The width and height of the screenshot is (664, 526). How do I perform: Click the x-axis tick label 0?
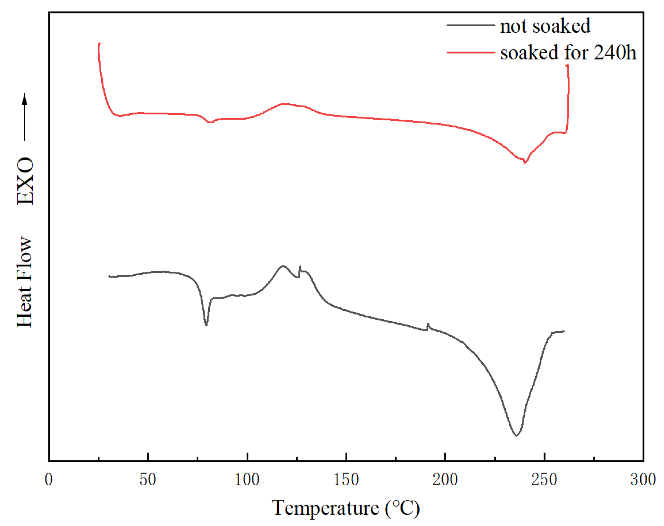[x=49, y=479]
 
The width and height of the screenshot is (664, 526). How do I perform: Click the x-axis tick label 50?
[x=148, y=479]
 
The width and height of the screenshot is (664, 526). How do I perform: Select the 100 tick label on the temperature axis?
[x=247, y=479]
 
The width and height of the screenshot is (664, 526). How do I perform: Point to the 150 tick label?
[x=346, y=479]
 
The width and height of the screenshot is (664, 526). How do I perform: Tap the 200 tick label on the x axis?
[x=445, y=479]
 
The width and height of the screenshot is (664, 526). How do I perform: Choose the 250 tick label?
[x=544, y=479]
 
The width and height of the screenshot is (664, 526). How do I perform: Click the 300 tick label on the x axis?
[x=643, y=479]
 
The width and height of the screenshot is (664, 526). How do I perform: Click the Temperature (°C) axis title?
[x=345, y=508]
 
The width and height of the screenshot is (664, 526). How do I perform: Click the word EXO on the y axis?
[x=25, y=181]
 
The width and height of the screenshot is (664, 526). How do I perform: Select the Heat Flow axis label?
[x=25, y=282]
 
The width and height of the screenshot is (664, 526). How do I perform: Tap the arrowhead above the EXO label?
[x=25, y=100]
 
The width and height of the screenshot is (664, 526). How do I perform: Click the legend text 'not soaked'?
[x=545, y=26]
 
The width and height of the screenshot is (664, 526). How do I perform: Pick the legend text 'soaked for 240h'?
[x=568, y=52]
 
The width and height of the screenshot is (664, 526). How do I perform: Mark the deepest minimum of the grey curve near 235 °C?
[x=516, y=435]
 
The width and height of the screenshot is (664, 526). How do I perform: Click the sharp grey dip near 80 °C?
[x=206, y=325]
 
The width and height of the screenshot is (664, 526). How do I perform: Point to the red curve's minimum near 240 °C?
[x=524, y=162]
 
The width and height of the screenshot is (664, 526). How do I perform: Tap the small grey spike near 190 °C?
[x=428, y=324]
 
